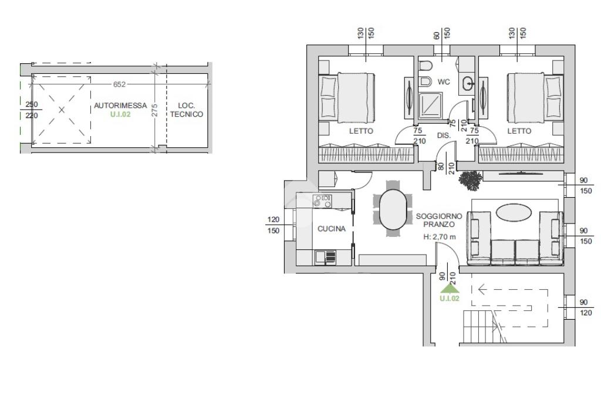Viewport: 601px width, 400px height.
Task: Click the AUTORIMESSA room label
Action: [120, 106]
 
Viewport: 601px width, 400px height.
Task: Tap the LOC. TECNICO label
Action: [187, 110]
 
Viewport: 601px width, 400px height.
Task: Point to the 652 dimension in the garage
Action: [119, 84]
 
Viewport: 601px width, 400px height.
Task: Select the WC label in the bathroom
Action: [444, 82]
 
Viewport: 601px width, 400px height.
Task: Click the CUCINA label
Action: [332, 229]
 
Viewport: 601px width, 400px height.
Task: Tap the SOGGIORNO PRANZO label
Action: [439, 221]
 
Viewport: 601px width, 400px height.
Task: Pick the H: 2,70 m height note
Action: [440, 237]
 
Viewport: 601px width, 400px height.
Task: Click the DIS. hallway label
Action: [444, 135]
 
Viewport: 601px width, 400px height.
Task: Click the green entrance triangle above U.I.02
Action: [450, 289]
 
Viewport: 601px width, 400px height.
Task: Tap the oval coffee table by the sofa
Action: [514, 212]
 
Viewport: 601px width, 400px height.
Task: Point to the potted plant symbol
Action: [470, 180]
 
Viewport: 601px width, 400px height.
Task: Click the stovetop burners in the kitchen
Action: [322, 201]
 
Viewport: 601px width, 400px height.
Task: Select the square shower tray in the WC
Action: [430, 105]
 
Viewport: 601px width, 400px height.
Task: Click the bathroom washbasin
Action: [468, 83]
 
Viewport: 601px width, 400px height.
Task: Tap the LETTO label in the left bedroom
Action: [361, 131]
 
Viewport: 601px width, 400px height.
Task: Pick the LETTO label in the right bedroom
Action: [519, 131]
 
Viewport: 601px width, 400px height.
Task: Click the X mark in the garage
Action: [62, 110]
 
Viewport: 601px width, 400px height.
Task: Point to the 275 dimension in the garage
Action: [154, 110]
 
